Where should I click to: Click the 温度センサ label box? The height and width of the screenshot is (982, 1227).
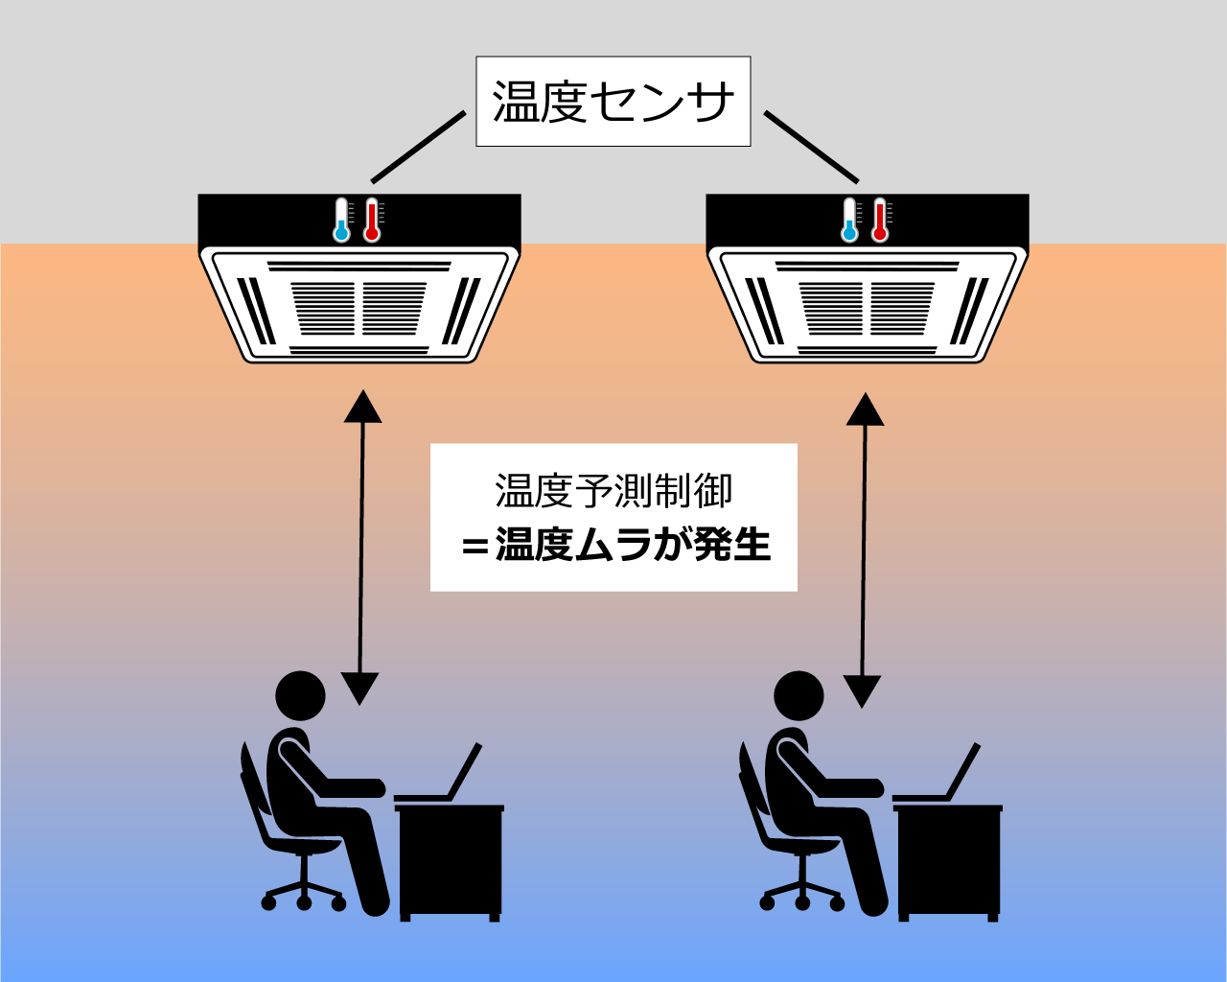tap(613, 102)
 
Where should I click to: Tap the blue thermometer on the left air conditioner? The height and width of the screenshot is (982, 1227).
tap(341, 221)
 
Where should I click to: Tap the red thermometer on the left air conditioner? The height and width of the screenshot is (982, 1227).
tap(372, 221)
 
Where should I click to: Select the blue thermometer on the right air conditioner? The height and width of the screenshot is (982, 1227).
tap(849, 221)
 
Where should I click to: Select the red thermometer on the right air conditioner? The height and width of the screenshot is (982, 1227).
tap(880, 221)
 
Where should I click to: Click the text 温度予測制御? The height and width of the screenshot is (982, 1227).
tap(613, 491)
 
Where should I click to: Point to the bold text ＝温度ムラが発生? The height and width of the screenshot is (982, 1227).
tap(615, 546)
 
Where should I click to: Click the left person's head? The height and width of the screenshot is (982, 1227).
tap(301, 697)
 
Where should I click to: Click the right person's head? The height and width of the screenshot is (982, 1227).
tap(799, 697)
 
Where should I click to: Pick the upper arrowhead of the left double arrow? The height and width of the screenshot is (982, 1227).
tap(362, 407)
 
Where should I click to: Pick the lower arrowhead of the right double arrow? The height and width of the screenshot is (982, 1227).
tap(863, 690)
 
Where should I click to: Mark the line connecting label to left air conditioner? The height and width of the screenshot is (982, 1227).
tap(418, 147)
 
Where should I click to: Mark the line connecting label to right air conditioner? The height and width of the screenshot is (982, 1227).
tap(811, 147)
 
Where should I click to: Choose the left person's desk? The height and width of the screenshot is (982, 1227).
tap(450, 859)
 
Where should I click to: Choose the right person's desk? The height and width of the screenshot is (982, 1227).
tap(948, 859)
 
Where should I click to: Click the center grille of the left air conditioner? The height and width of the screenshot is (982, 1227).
tap(359, 308)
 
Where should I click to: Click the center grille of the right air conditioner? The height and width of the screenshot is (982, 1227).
tap(867, 308)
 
